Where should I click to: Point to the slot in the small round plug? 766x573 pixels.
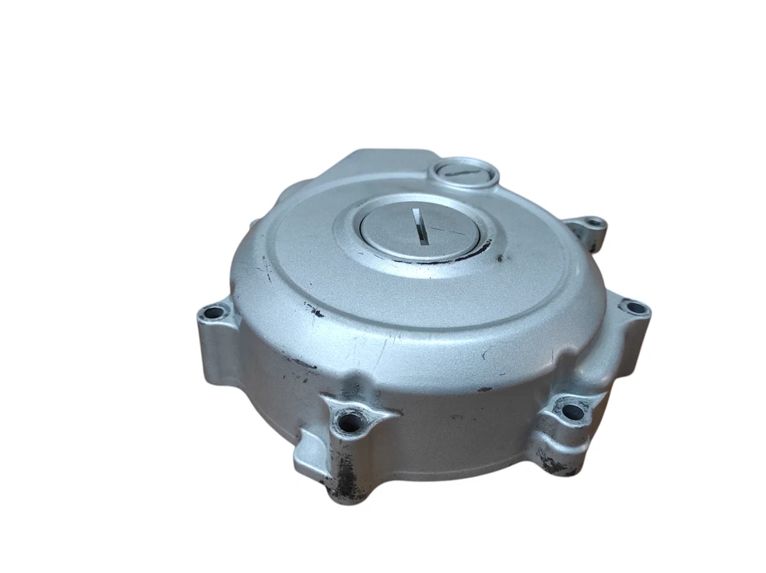tap(464, 169)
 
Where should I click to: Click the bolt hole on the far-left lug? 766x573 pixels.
tap(213, 313)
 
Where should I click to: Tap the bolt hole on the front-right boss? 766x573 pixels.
tap(572, 412)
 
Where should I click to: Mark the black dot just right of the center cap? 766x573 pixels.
tap(500, 259)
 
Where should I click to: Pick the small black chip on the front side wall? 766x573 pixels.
tap(483, 389)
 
